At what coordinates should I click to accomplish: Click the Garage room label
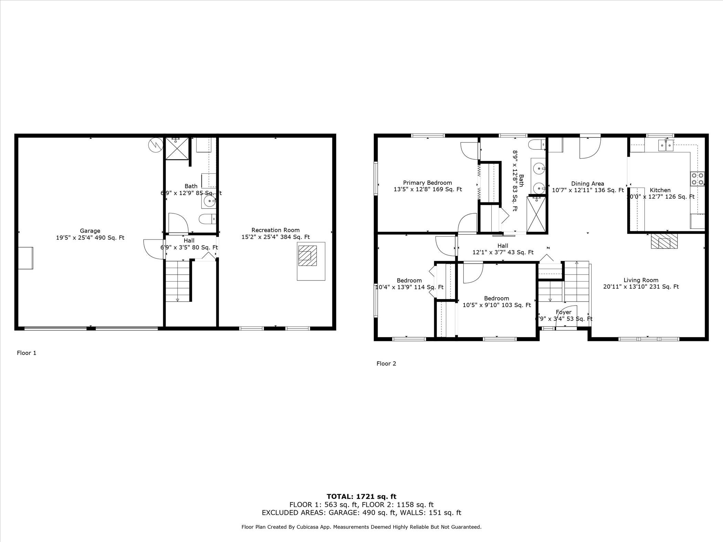click(90, 231)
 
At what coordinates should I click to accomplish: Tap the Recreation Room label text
click(275, 230)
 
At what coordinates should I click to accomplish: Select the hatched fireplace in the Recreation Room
click(307, 256)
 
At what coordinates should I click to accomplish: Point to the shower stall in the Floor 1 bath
click(177, 148)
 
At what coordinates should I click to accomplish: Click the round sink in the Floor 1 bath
click(209, 201)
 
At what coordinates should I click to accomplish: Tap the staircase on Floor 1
click(178, 281)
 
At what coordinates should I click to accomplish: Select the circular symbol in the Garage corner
click(156, 145)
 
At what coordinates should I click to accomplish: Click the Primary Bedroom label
click(427, 183)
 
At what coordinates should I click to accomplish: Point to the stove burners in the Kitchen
click(698, 179)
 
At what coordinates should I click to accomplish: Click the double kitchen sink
click(666, 145)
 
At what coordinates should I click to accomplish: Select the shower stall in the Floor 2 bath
click(536, 214)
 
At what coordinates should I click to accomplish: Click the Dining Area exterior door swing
click(590, 148)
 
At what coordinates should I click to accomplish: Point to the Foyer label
click(564, 312)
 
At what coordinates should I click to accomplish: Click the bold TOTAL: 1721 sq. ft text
click(361, 497)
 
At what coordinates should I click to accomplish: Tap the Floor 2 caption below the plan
click(386, 363)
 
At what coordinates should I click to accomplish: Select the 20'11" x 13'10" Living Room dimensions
click(641, 287)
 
